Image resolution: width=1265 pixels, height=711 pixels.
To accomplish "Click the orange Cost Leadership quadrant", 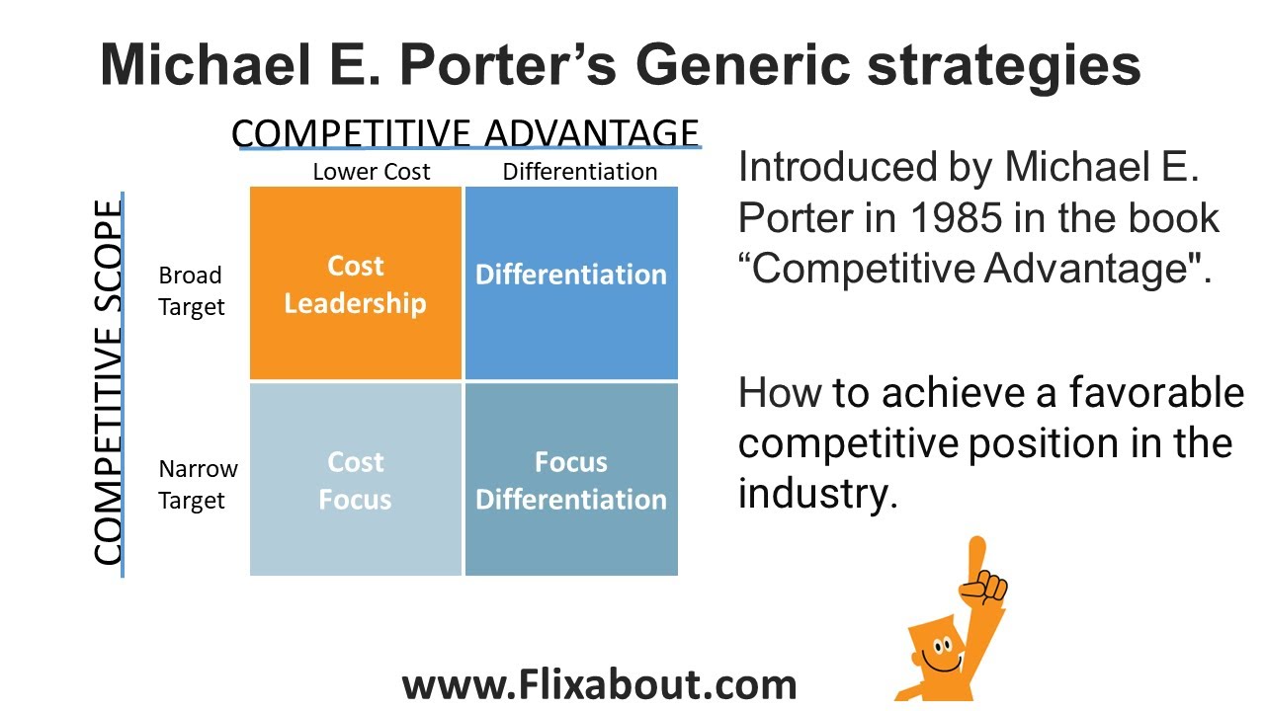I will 355,283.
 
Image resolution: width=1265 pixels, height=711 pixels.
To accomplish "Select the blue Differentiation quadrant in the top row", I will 571,283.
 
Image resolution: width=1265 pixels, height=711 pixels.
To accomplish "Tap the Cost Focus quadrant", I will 355,480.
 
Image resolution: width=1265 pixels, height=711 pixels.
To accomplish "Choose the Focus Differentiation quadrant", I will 571,480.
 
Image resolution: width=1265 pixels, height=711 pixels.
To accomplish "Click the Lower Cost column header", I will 371,172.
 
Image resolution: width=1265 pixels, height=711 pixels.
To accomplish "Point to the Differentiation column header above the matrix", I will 579,172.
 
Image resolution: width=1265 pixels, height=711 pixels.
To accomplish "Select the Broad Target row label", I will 191,291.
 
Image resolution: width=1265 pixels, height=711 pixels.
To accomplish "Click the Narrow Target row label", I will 198,485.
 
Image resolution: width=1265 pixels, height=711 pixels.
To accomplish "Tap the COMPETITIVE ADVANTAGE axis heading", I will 464,133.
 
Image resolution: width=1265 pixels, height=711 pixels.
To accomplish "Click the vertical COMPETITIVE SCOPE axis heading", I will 109,383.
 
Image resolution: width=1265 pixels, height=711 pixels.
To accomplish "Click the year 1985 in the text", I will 943,218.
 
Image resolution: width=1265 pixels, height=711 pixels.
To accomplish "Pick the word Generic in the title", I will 742,65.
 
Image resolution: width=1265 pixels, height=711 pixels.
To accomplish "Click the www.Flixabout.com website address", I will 599,684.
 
